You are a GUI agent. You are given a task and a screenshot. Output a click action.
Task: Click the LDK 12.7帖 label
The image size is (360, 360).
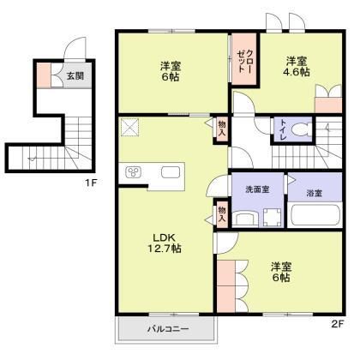click(164, 243)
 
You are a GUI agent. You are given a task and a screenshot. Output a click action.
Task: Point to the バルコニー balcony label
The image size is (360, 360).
click(166, 329)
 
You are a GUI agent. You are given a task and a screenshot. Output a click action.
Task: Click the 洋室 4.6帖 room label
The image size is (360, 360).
click(297, 68)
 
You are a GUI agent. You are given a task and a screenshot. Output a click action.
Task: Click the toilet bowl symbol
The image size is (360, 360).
click(301, 130)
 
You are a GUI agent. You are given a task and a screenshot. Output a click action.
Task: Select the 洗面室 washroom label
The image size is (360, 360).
click(257, 189)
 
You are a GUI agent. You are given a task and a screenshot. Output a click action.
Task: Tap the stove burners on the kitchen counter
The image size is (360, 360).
click(135, 172)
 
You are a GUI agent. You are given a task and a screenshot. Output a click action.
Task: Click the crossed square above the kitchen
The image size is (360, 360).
click(131, 127)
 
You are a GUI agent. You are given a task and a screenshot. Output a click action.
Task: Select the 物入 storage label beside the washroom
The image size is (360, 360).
click(220, 214)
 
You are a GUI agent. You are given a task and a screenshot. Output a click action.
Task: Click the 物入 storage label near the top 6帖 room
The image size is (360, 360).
click(220, 129)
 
